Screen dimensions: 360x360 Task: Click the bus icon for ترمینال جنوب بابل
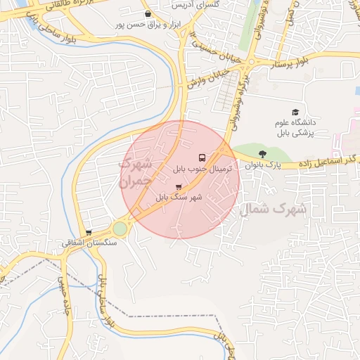click(202, 157)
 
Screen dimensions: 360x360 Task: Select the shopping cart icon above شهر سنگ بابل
click(178, 187)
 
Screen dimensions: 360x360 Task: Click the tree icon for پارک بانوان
click(263, 154)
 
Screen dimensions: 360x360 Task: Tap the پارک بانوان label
click(263, 165)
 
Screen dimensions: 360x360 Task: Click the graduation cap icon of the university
click(295, 112)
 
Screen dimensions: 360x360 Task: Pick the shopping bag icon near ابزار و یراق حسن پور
click(147, 14)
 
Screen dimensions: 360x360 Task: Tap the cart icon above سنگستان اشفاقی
click(89, 233)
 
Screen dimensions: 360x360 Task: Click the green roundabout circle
click(120, 229)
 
